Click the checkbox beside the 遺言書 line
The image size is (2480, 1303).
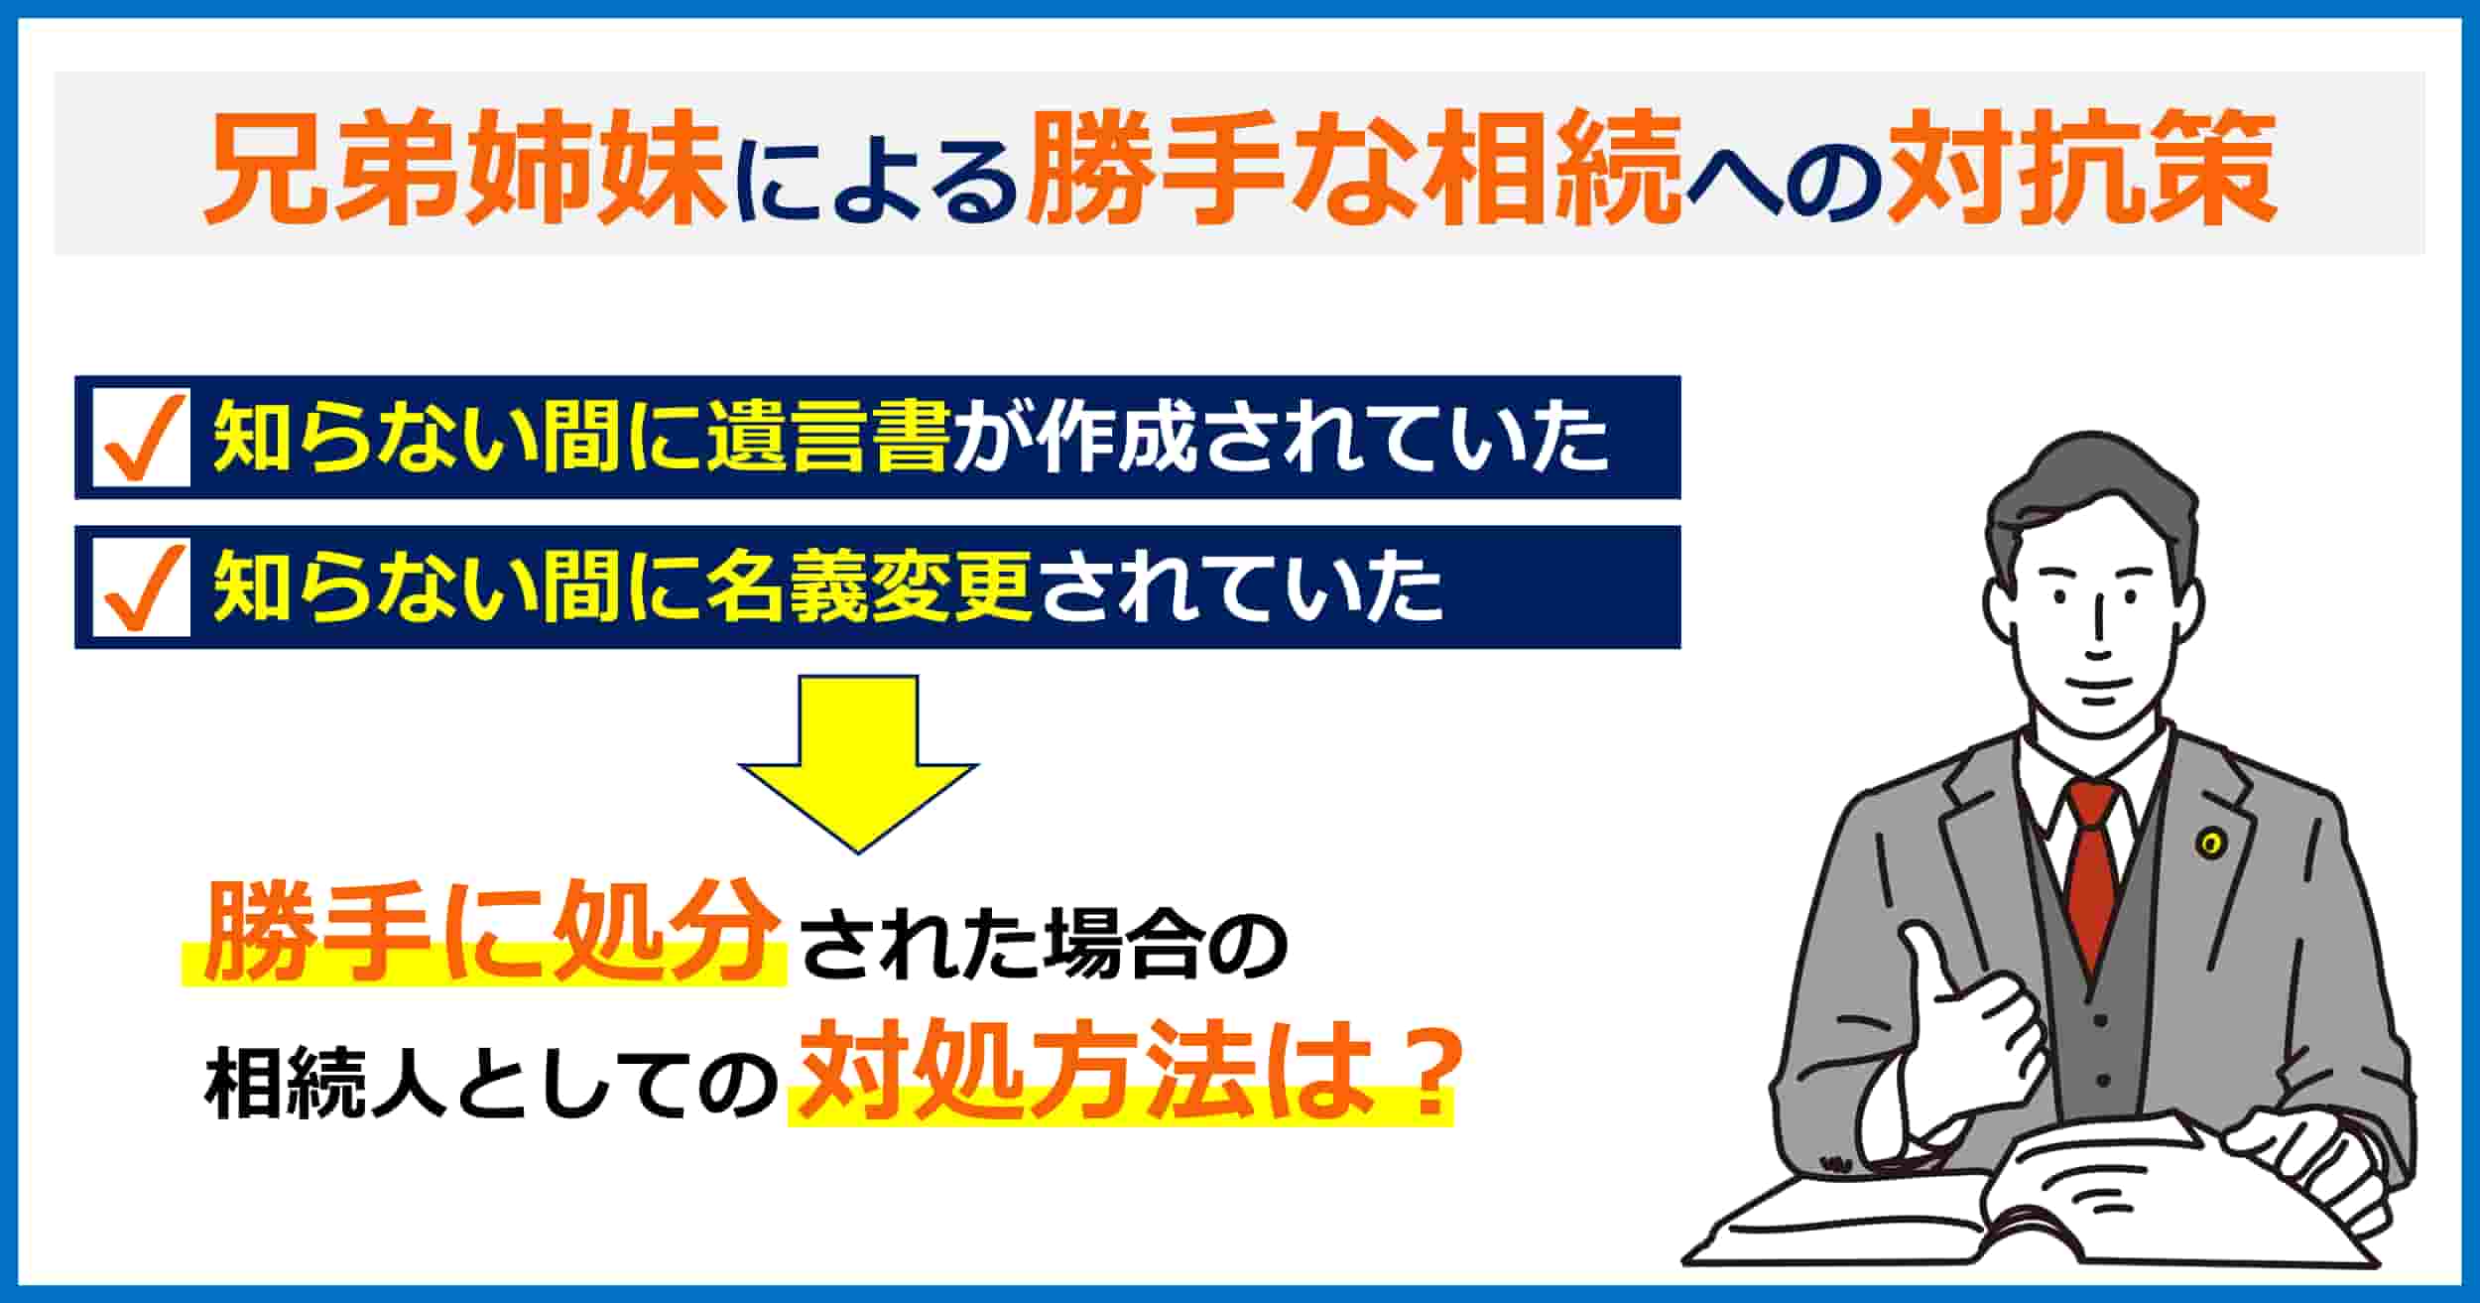pyautogui.click(x=141, y=439)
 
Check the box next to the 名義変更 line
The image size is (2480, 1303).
pyautogui.click(x=141, y=588)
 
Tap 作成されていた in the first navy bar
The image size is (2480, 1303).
pyautogui.click(x=1281, y=438)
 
